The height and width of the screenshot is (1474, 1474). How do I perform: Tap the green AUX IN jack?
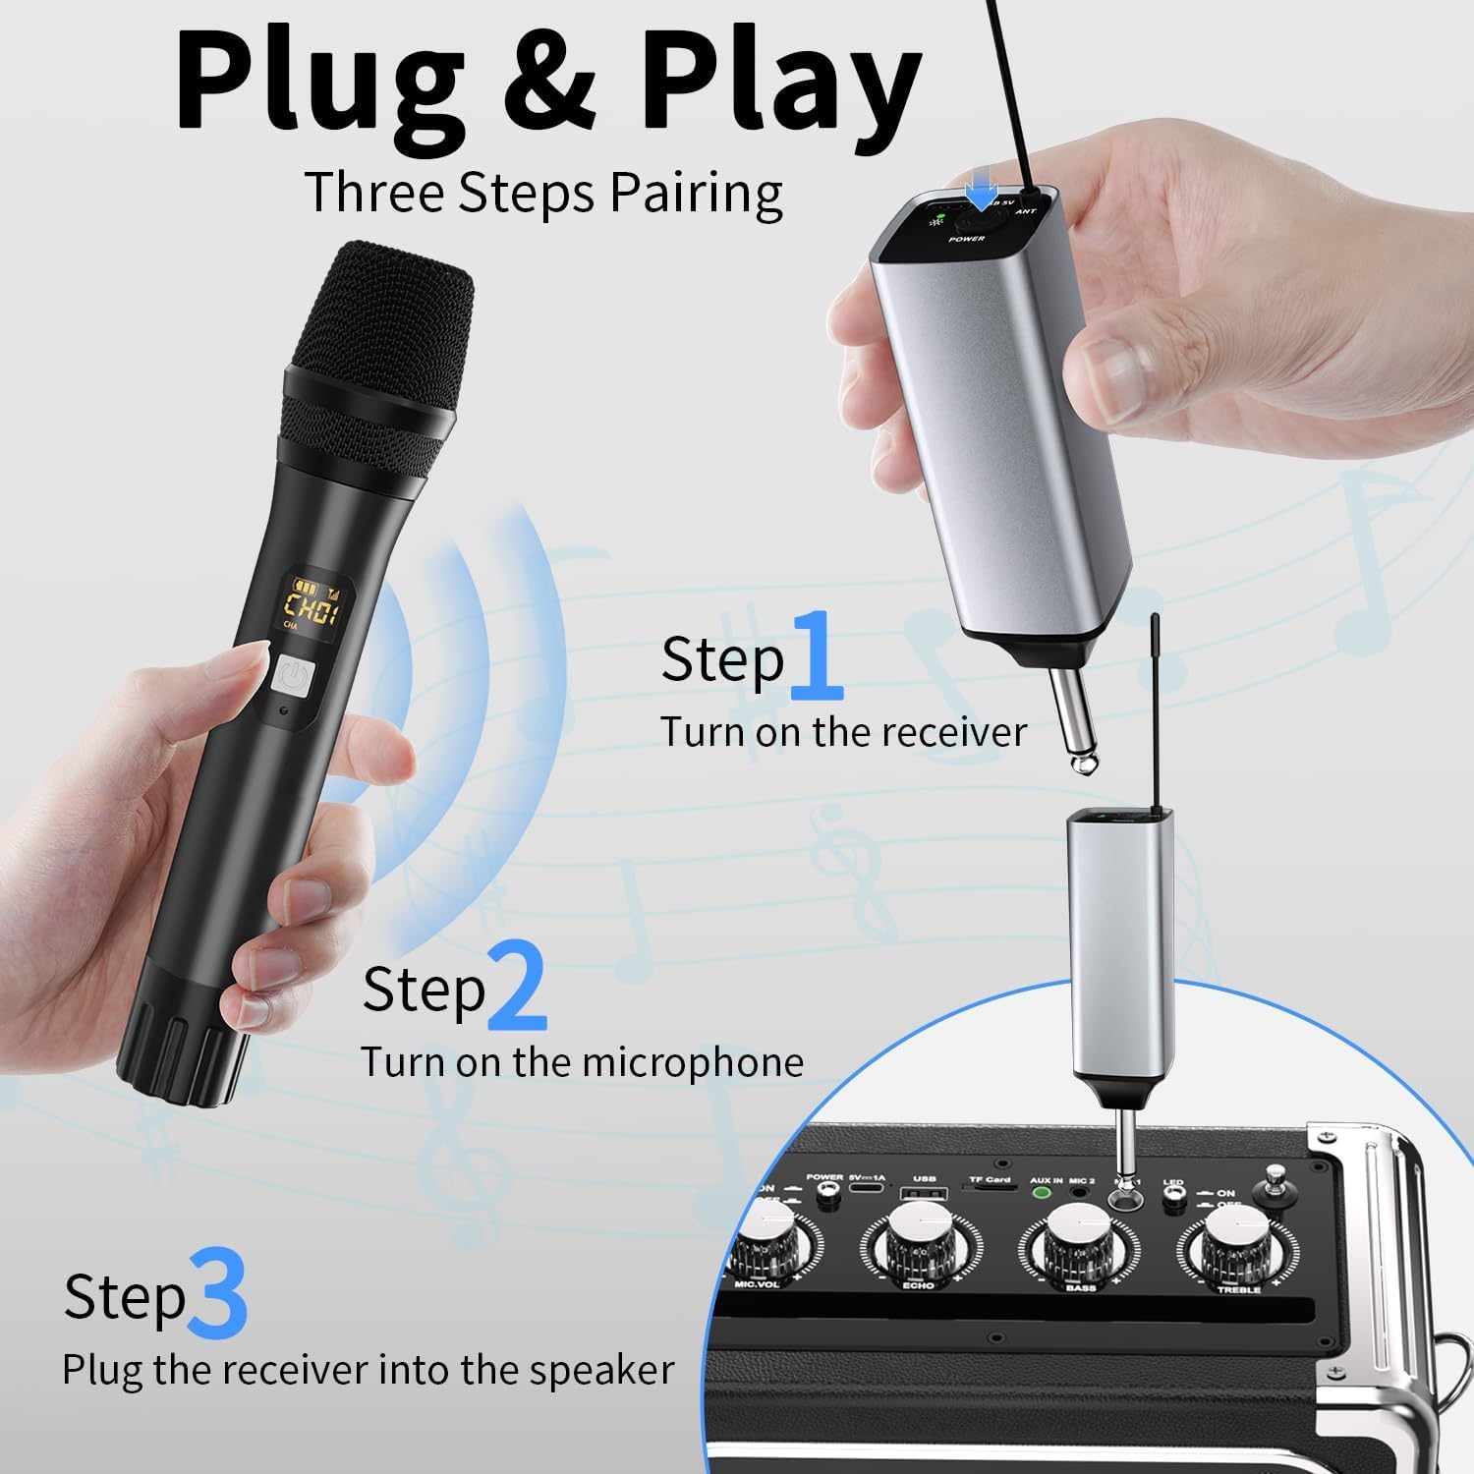click(1043, 1196)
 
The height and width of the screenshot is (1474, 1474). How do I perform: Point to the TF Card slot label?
click(989, 1178)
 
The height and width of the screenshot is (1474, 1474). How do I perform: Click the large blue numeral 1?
click(817, 652)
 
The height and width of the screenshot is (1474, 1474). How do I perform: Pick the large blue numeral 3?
click(217, 1289)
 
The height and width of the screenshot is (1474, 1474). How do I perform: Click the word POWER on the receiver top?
click(966, 239)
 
